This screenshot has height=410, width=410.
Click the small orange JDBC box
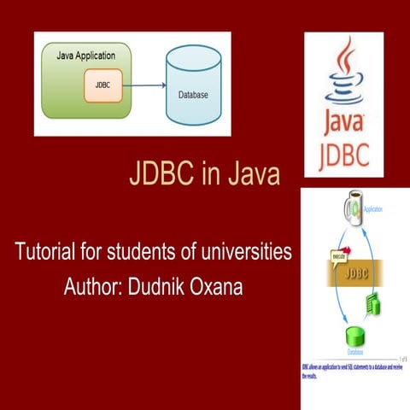coord(102,85)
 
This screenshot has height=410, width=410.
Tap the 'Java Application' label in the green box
coord(85,56)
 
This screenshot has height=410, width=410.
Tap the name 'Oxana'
coord(220,285)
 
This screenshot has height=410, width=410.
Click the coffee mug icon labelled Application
coord(350,209)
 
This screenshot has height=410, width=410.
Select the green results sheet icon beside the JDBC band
coord(372,303)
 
